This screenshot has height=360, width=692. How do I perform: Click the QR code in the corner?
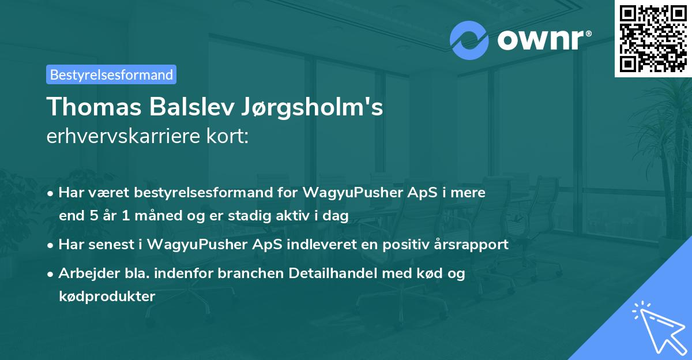tap(653, 38)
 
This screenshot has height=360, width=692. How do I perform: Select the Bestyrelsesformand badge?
tap(111, 74)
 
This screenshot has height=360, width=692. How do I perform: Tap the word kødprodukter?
tap(107, 297)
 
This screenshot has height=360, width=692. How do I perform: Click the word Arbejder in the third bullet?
tap(85, 273)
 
